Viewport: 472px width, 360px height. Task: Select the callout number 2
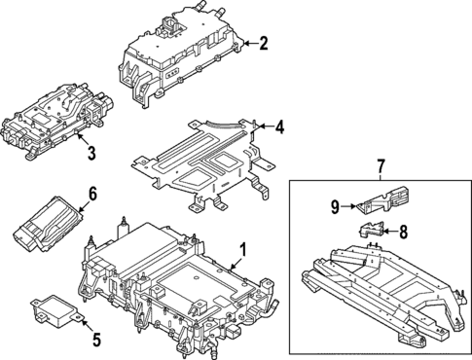click(262, 43)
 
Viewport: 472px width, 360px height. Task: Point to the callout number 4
click(279, 126)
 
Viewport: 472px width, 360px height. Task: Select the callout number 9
click(336, 205)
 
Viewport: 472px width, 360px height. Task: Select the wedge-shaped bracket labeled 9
click(378, 201)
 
